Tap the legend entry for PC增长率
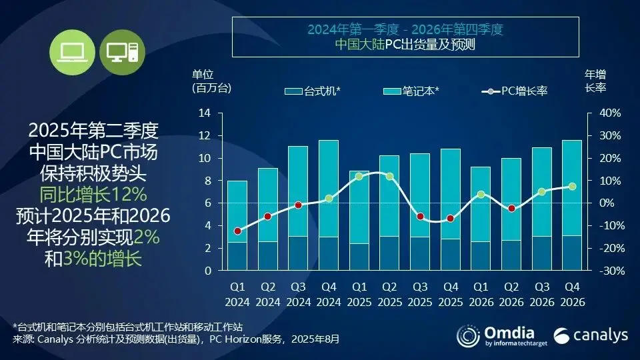click(x=514, y=90)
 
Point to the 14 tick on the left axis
click(x=205, y=113)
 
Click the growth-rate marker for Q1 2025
click(x=359, y=177)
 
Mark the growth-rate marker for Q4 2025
click(x=450, y=218)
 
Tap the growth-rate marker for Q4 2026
click(x=572, y=187)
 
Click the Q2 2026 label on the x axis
click(x=511, y=295)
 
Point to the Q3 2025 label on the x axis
click(x=419, y=295)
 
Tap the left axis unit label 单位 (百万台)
click(x=209, y=81)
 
